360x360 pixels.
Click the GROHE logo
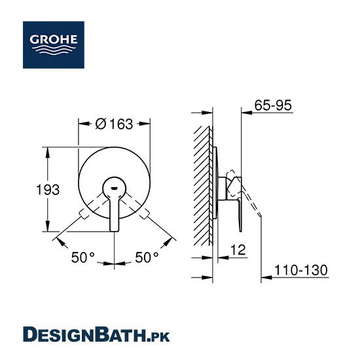coord(54,45)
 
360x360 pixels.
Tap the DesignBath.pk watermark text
coord(96,334)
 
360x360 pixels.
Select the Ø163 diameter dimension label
coord(114,124)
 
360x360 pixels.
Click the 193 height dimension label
coord(48,190)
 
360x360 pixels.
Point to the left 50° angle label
coord(83,257)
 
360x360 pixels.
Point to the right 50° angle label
coord(147,257)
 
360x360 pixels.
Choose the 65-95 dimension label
coord(273,105)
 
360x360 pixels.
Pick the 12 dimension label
coord(238,250)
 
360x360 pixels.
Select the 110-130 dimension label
coord(301,270)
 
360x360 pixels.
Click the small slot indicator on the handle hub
coord(114,189)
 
